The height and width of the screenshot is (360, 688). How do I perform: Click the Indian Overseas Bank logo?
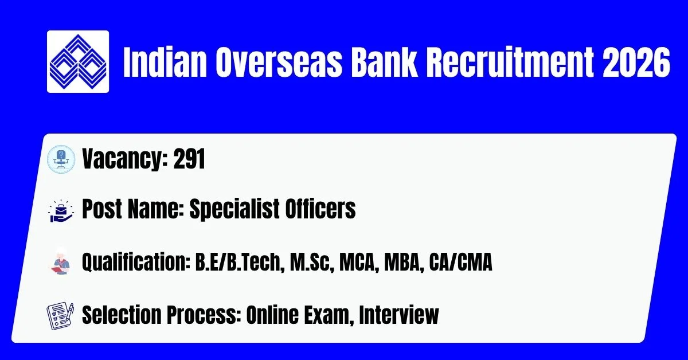tap(78, 61)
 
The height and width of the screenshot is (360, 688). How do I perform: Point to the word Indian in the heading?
tap(165, 62)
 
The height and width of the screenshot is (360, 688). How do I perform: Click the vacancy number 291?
tap(189, 159)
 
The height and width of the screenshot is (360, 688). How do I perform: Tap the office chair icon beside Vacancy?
tap(61, 159)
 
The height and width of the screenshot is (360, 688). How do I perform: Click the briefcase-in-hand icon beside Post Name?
tap(61, 211)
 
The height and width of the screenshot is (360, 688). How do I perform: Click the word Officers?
tap(320, 209)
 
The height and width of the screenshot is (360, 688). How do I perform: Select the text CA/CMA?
tap(460, 263)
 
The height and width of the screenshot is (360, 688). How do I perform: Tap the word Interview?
tap(398, 315)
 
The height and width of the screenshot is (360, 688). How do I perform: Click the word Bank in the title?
tap(384, 62)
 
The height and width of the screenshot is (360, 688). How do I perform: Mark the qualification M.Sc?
tap(312, 263)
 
